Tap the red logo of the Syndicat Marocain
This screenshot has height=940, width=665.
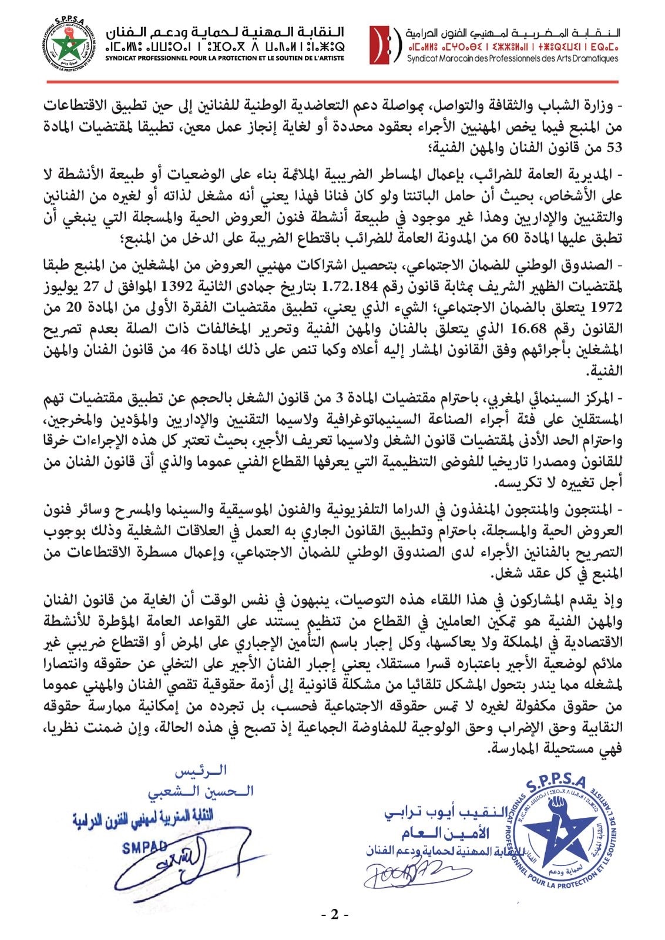pos(382,45)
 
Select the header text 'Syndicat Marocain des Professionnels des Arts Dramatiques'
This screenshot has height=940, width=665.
pos(512,59)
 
